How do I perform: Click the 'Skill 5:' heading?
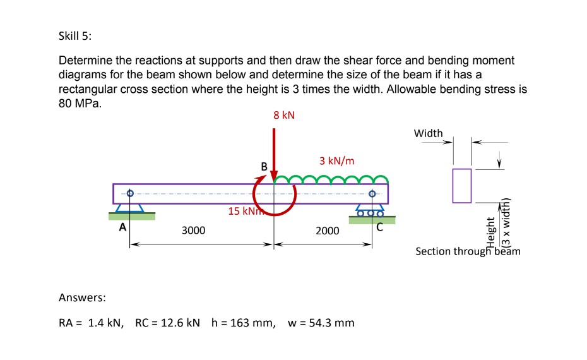click(75, 36)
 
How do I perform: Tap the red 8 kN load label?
click(284, 116)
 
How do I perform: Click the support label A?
click(124, 226)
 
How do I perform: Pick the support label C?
click(379, 229)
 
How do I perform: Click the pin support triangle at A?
click(131, 208)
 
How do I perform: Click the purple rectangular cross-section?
click(462, 186)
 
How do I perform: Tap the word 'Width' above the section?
click(429, 133)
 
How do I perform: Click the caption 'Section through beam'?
click(468, 251)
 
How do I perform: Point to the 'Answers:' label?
click(82, 297)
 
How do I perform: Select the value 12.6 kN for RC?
click(179, 323)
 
